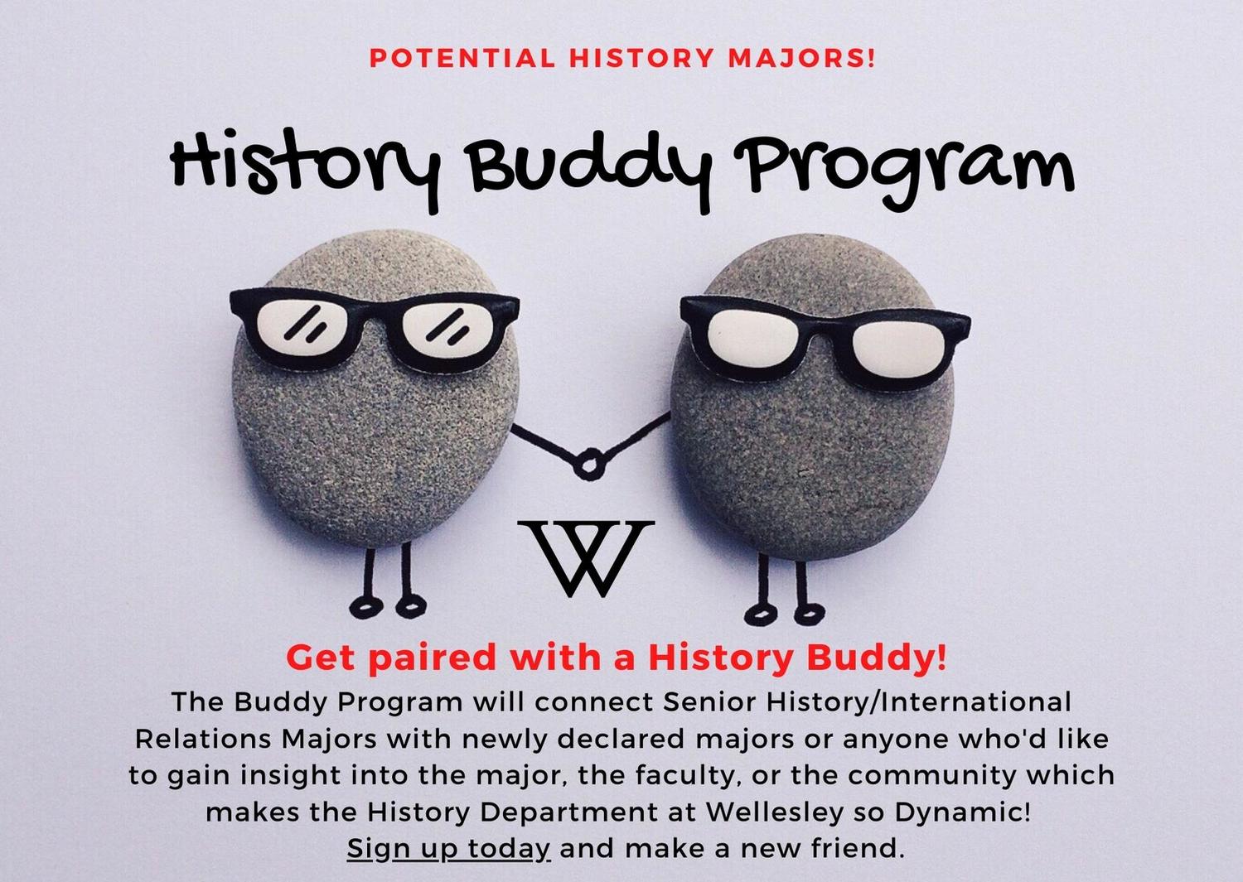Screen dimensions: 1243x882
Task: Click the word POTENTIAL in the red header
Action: [x=462, y=58]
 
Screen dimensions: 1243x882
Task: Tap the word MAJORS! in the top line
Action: [x=802, y=58]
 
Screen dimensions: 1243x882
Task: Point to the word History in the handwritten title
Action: [x=305, y=166]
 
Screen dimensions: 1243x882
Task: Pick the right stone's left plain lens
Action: [x=755, y=335]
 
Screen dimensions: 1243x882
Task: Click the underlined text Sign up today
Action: [x=448, y=849]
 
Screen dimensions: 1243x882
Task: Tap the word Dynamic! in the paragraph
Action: [x=962, y=812]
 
